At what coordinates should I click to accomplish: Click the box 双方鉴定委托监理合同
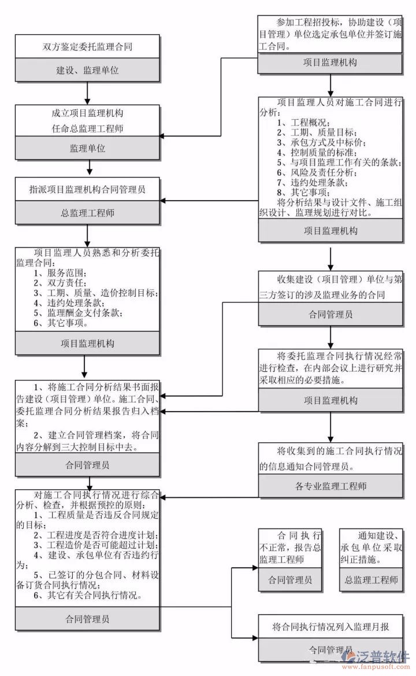click(87, 47)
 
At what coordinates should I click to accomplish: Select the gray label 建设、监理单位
click(87, 70)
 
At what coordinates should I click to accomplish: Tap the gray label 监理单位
click(87, 149)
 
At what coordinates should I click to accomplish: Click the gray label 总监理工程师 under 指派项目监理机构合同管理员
click(87, 213)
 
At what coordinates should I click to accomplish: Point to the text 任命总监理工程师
click(87, 129)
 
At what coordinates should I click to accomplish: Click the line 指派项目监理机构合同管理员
click(87, 189)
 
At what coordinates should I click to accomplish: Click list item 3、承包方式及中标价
click(321, 142)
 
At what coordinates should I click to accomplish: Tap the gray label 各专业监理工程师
click(330, 486)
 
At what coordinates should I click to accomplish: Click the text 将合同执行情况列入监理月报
click(330, 627)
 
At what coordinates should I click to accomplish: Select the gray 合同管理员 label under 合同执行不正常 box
click(290, 579)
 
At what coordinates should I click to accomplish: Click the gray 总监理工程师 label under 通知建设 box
click(371, 579)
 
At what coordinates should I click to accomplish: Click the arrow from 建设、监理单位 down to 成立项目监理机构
click(87, 93)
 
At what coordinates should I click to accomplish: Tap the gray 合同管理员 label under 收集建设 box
click(330, 315)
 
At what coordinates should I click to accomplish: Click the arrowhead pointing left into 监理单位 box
click(163, 136)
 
